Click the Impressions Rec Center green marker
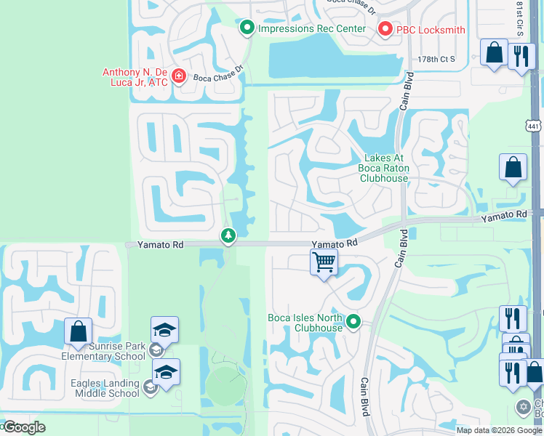point(247,28)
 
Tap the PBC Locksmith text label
point(430,30)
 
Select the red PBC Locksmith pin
point(385,29)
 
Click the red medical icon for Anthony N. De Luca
point(179,76)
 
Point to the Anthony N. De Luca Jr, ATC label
point(135,77)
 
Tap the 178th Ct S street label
point(436,59)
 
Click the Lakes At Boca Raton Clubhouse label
point(384,168)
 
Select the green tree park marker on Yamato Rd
point(228,235)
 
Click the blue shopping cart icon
point(324,261)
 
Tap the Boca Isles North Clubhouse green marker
point(353,320)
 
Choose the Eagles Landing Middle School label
point(105,388)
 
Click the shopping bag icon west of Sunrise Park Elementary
point(77,331)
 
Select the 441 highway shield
point(535,126)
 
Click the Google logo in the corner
point(23,427)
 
